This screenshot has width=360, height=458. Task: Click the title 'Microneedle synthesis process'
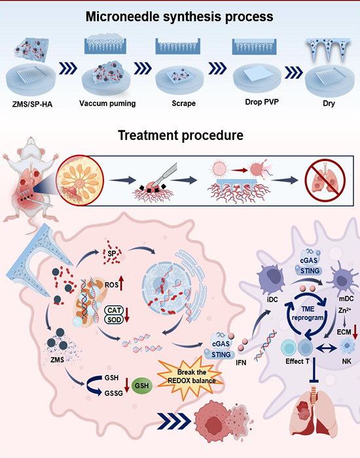[179, 16]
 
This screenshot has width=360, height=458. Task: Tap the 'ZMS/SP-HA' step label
[33, 104]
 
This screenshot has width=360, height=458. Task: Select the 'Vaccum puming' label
[107, 103]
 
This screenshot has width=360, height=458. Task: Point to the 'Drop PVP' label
[262, 102]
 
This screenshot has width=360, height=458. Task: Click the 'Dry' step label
[329, 103]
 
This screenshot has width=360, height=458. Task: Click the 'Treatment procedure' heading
[181, 135]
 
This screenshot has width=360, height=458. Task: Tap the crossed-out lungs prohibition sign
[325, 180]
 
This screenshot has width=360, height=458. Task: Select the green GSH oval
[142, 385]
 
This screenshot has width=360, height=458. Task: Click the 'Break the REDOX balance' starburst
[192, 377]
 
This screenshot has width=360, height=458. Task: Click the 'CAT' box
[114, 310]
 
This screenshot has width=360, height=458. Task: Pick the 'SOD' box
[114, 319]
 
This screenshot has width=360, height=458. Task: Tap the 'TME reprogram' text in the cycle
[308, 313]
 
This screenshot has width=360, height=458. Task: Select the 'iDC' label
[272, 300]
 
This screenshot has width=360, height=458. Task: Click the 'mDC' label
[346, 299]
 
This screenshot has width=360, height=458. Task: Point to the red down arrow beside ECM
[355, 332]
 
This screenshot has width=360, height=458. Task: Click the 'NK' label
[346, 361]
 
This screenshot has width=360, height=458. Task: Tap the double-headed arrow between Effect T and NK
[327, 347]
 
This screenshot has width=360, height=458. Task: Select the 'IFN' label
[241, 362]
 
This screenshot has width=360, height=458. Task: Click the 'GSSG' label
[113, 393]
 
